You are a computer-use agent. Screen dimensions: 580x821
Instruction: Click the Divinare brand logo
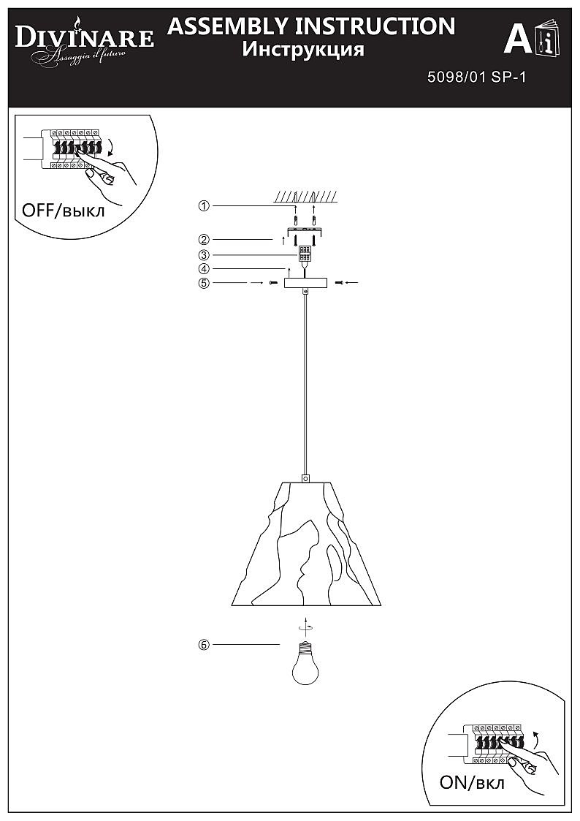point(84,42)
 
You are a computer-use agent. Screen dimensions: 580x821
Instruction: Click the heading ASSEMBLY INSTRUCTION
point(311,26)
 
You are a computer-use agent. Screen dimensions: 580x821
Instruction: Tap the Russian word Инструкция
point(303,50)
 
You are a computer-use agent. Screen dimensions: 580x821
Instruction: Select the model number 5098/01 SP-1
point(476,77)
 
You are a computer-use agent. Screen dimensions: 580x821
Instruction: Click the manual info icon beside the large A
point(548,39)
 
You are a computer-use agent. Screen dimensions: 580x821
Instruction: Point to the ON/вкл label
point(473,782)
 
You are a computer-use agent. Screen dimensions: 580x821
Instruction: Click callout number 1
point(204,205)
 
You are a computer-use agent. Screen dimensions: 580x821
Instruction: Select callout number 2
point(204,240)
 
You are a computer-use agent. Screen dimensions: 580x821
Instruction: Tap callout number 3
point(204,255)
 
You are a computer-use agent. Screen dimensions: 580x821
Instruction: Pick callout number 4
point(204,268)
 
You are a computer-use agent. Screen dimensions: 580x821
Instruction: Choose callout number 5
point(204,283)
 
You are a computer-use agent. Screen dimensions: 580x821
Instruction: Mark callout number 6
point(204,645)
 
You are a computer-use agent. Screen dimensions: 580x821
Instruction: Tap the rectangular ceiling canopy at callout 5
point(305,283)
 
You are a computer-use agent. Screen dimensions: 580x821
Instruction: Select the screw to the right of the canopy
point(340,283)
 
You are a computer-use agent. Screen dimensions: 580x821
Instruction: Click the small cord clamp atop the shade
point(306,477)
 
